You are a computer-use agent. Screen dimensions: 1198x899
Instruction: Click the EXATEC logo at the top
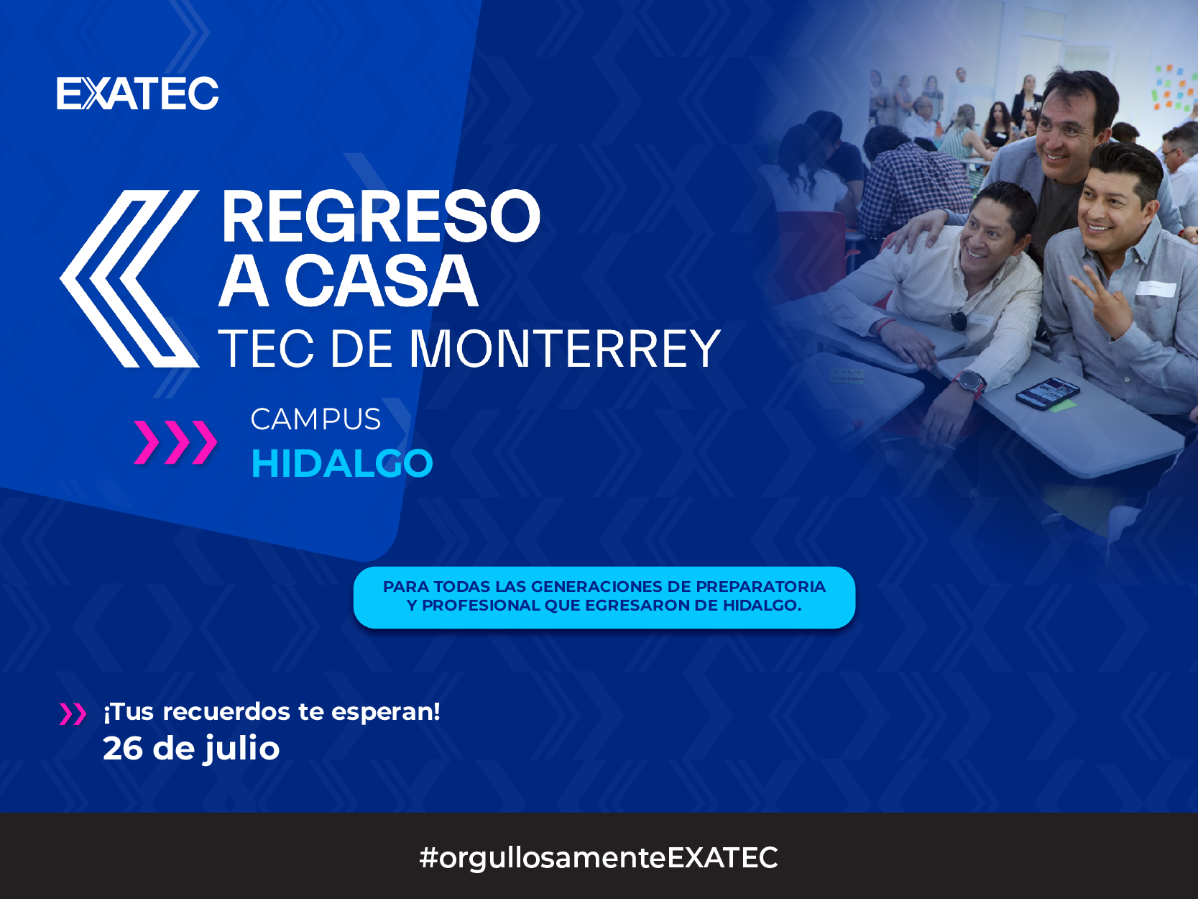tap(137, 93)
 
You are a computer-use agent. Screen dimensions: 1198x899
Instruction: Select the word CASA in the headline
tap(381, 280)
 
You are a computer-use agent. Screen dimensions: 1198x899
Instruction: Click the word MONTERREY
tap(565, 349)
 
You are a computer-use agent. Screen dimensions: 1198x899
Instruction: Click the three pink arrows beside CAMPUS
tap(175, 442)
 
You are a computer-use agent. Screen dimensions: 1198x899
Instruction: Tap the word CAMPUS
tap(315, 419)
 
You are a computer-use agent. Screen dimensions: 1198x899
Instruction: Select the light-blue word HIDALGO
tap(341, 463)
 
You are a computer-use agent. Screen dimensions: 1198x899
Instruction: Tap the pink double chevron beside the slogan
tap(73, 714)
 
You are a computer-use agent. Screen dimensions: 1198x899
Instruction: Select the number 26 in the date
tap(123, 749)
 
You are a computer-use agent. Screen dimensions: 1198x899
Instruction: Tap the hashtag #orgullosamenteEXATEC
tap(599, 857)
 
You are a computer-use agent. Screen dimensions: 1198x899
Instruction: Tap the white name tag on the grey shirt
tap(1156, 288)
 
